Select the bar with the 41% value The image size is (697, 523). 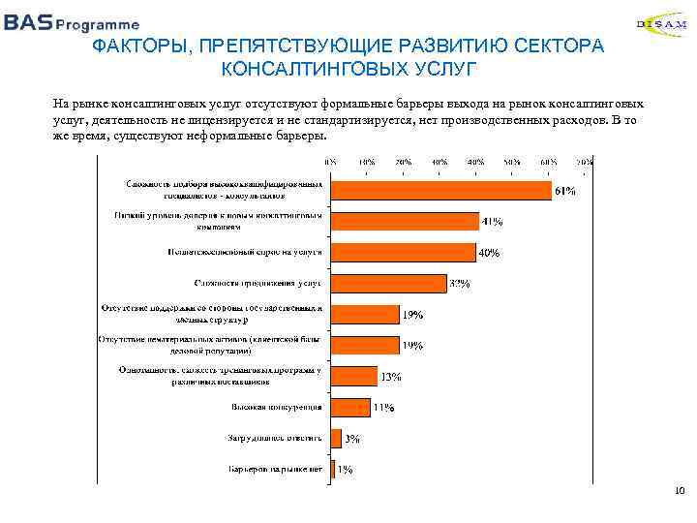[x=405, y=220]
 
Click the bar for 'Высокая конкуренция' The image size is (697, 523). [x=350, y=407]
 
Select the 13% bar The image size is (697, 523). [x=354, y=376]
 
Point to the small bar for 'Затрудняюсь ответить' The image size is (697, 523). [x=336, y=438]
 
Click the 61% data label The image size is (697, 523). [x=564, y=191]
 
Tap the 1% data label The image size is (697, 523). [x=345, y=470]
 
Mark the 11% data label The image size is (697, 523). [x=383, y=408]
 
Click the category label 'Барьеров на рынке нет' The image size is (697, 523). [x=275, y=469]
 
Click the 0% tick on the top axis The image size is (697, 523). [x=332, y=161]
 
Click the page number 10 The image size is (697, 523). [x=678, y=492]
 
